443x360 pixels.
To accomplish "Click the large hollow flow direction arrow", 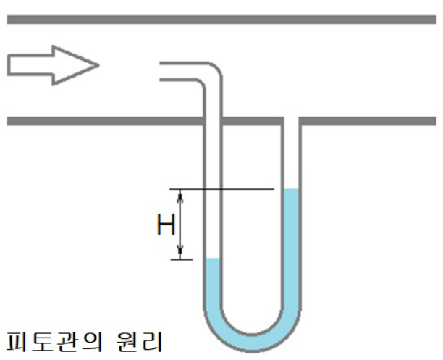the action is coord(51,65).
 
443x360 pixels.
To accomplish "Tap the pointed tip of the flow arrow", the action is coord(98,65).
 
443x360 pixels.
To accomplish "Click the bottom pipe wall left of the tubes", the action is coord(101,120).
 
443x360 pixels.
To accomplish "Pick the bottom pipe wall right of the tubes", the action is coord(369,120).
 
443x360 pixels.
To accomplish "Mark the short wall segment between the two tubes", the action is coord(251,120).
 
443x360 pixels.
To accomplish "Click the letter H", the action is coord(166,226).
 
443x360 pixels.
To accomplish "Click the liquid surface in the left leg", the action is coord(213,259).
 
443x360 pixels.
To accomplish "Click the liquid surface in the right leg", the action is coord(291,190).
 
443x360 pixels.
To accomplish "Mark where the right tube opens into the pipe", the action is coord(291,121).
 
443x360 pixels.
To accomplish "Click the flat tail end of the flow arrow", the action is coord(9,65).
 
